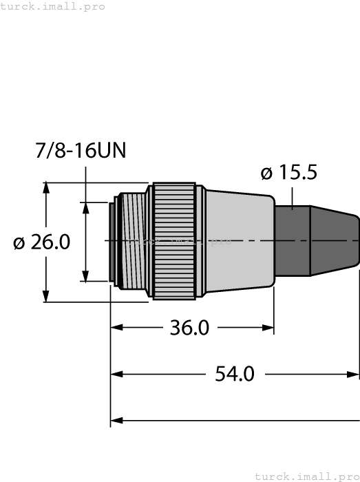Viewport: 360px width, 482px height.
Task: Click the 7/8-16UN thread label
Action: [x=81, y=151]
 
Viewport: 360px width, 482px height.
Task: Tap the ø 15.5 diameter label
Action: [x=289, y=172]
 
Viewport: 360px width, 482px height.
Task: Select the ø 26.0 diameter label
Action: [x=42, y=242]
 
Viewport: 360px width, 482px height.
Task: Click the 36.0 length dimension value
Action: [x=189, y=327]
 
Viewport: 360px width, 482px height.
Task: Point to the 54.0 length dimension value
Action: [x=235, y=374]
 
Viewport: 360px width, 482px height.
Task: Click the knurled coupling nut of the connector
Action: [x=176, y=241]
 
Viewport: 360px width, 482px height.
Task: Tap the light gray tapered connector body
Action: [x=237, y=241]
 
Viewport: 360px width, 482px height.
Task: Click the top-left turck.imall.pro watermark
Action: [x=53, y=6]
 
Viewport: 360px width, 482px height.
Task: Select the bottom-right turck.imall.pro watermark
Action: [x=306, y=476]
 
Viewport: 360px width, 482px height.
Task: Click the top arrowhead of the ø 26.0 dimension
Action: [x=47, y=188]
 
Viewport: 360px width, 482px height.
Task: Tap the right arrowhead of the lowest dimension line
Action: [x=354, y=419]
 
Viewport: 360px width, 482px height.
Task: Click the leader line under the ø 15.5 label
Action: [x=293, y=196]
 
